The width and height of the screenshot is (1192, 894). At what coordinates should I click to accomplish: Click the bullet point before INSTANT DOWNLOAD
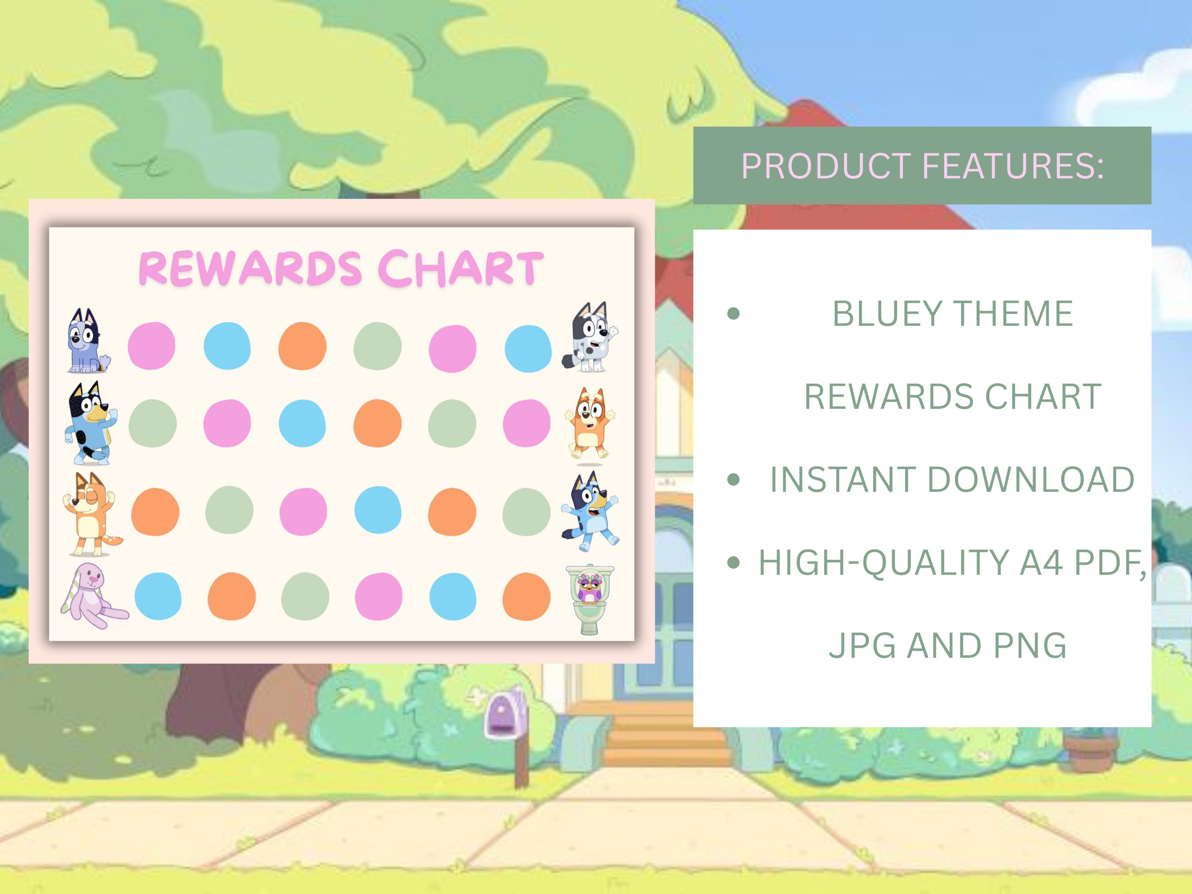pos(733,479)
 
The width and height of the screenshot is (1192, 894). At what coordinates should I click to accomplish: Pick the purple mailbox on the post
pos(504,716)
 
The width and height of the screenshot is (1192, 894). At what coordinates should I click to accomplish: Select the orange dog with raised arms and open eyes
pos(590,423)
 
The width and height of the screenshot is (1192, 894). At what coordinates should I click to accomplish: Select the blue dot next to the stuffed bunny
pos(158,596)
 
